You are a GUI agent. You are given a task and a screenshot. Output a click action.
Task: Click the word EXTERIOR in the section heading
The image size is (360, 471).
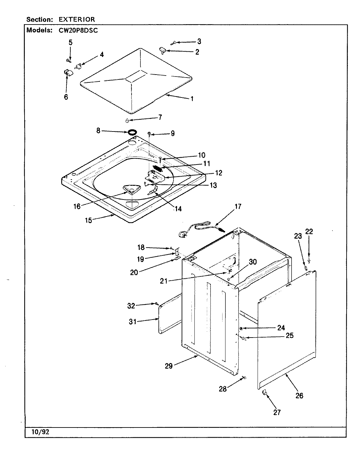tap(77, 20)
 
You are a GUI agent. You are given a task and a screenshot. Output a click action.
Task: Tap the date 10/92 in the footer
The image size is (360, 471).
tap(40, 432)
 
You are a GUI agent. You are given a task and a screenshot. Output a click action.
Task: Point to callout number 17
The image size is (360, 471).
tap(238, 206)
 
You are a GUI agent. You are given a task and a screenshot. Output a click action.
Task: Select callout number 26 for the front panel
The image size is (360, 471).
tap(299, 395)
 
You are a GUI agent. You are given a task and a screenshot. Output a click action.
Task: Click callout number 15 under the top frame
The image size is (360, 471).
tap(89, 220)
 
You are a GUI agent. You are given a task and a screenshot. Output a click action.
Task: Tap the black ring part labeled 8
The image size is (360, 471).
tap(132, 132)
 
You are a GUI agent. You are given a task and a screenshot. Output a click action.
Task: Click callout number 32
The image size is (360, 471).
tap(131, 306)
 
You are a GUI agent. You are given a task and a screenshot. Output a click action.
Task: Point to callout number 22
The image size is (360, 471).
tap(309, 232)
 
